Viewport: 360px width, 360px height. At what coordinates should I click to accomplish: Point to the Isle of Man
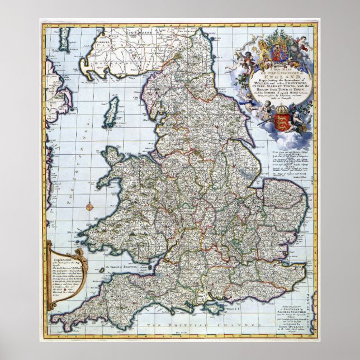113,108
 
